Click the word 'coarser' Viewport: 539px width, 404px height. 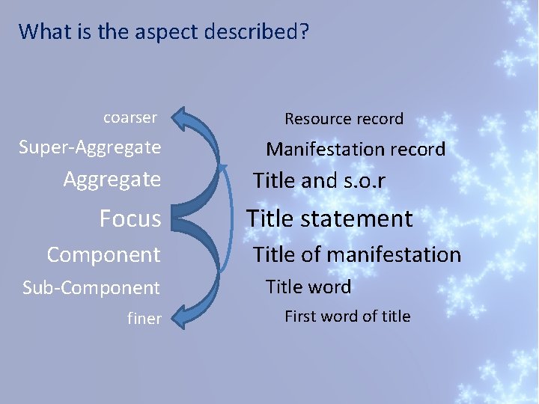point(130,117)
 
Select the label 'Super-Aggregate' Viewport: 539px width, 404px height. point(90,147)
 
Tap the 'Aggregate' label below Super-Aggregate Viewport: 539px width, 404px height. point(112,180)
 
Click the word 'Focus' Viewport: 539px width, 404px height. point(130,218)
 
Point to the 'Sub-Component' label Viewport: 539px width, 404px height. point(91,287)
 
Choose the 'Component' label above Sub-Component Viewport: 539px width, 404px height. point(103,254)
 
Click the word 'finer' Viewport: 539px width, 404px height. point(144,319)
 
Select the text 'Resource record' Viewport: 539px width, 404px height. point(344,118)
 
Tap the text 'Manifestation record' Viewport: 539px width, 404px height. point(356,149)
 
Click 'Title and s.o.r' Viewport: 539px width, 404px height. point(319,180)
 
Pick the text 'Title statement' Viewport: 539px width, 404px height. point(329,218)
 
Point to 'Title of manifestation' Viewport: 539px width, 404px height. point(356,254)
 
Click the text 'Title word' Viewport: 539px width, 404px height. point(308,287)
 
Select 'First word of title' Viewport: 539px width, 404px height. point(347,316)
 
